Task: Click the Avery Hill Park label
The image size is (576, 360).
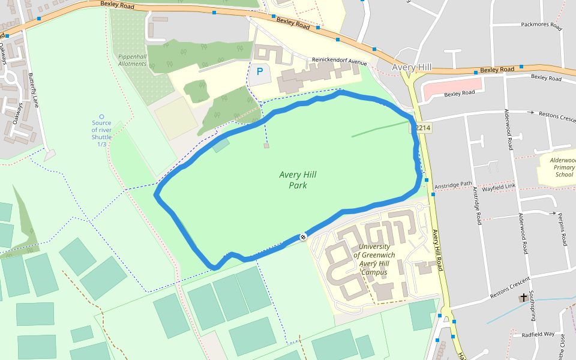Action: point(298,180)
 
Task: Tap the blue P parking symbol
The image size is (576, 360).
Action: point(260,71)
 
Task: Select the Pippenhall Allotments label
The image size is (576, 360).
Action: point(132,60)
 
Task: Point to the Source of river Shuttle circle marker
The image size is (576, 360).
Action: point(101,116)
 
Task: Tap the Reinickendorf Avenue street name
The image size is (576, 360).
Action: point(338,61)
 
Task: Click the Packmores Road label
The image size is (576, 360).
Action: point(541,26)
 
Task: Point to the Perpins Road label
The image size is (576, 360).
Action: point(562,229)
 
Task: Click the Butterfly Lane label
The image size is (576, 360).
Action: point(34,90)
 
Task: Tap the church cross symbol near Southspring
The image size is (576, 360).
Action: point(524,298)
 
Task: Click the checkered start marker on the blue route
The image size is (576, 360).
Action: point(303,237)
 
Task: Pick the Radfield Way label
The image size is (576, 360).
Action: point(538,334)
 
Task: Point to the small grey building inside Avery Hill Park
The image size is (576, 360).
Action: point(266,146)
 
